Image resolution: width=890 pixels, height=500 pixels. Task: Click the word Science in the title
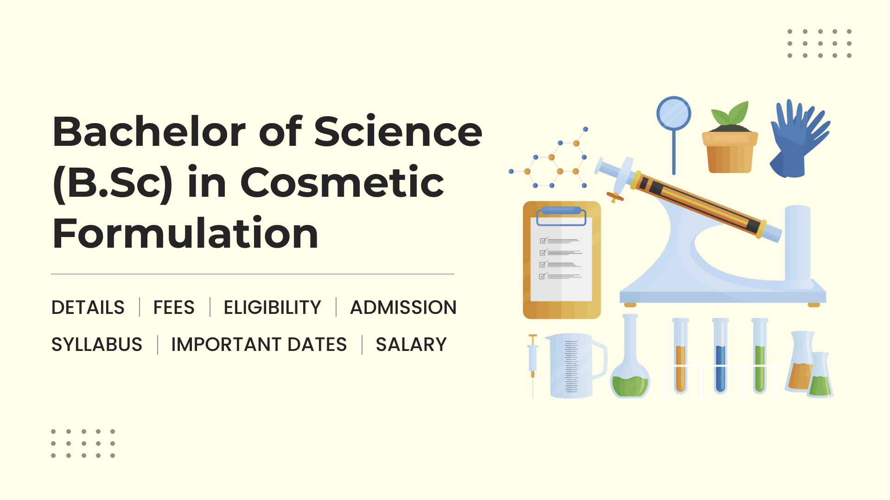click(398, 131)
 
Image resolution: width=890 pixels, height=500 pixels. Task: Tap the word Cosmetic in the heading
click(342, 182)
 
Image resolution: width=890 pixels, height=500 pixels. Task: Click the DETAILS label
click(88, 307)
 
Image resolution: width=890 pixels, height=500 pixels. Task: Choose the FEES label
click(174, 307)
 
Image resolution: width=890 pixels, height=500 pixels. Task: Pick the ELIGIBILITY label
click(273, 307)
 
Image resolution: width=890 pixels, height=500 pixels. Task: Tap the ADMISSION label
click(403, 307)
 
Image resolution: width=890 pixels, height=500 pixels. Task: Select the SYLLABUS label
click(97, 344)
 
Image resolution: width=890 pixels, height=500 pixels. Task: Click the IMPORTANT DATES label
click(259, 344)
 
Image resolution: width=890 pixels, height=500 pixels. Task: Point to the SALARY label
click(411, 344)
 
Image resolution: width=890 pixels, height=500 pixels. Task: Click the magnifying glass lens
click(674, 113)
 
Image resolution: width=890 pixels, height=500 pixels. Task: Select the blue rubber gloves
click(799, 138)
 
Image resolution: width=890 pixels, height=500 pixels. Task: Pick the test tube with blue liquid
click(720, 356)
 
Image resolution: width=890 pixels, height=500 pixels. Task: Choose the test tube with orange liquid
click(680, 356)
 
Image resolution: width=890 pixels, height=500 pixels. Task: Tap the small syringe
click(533, 365)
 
